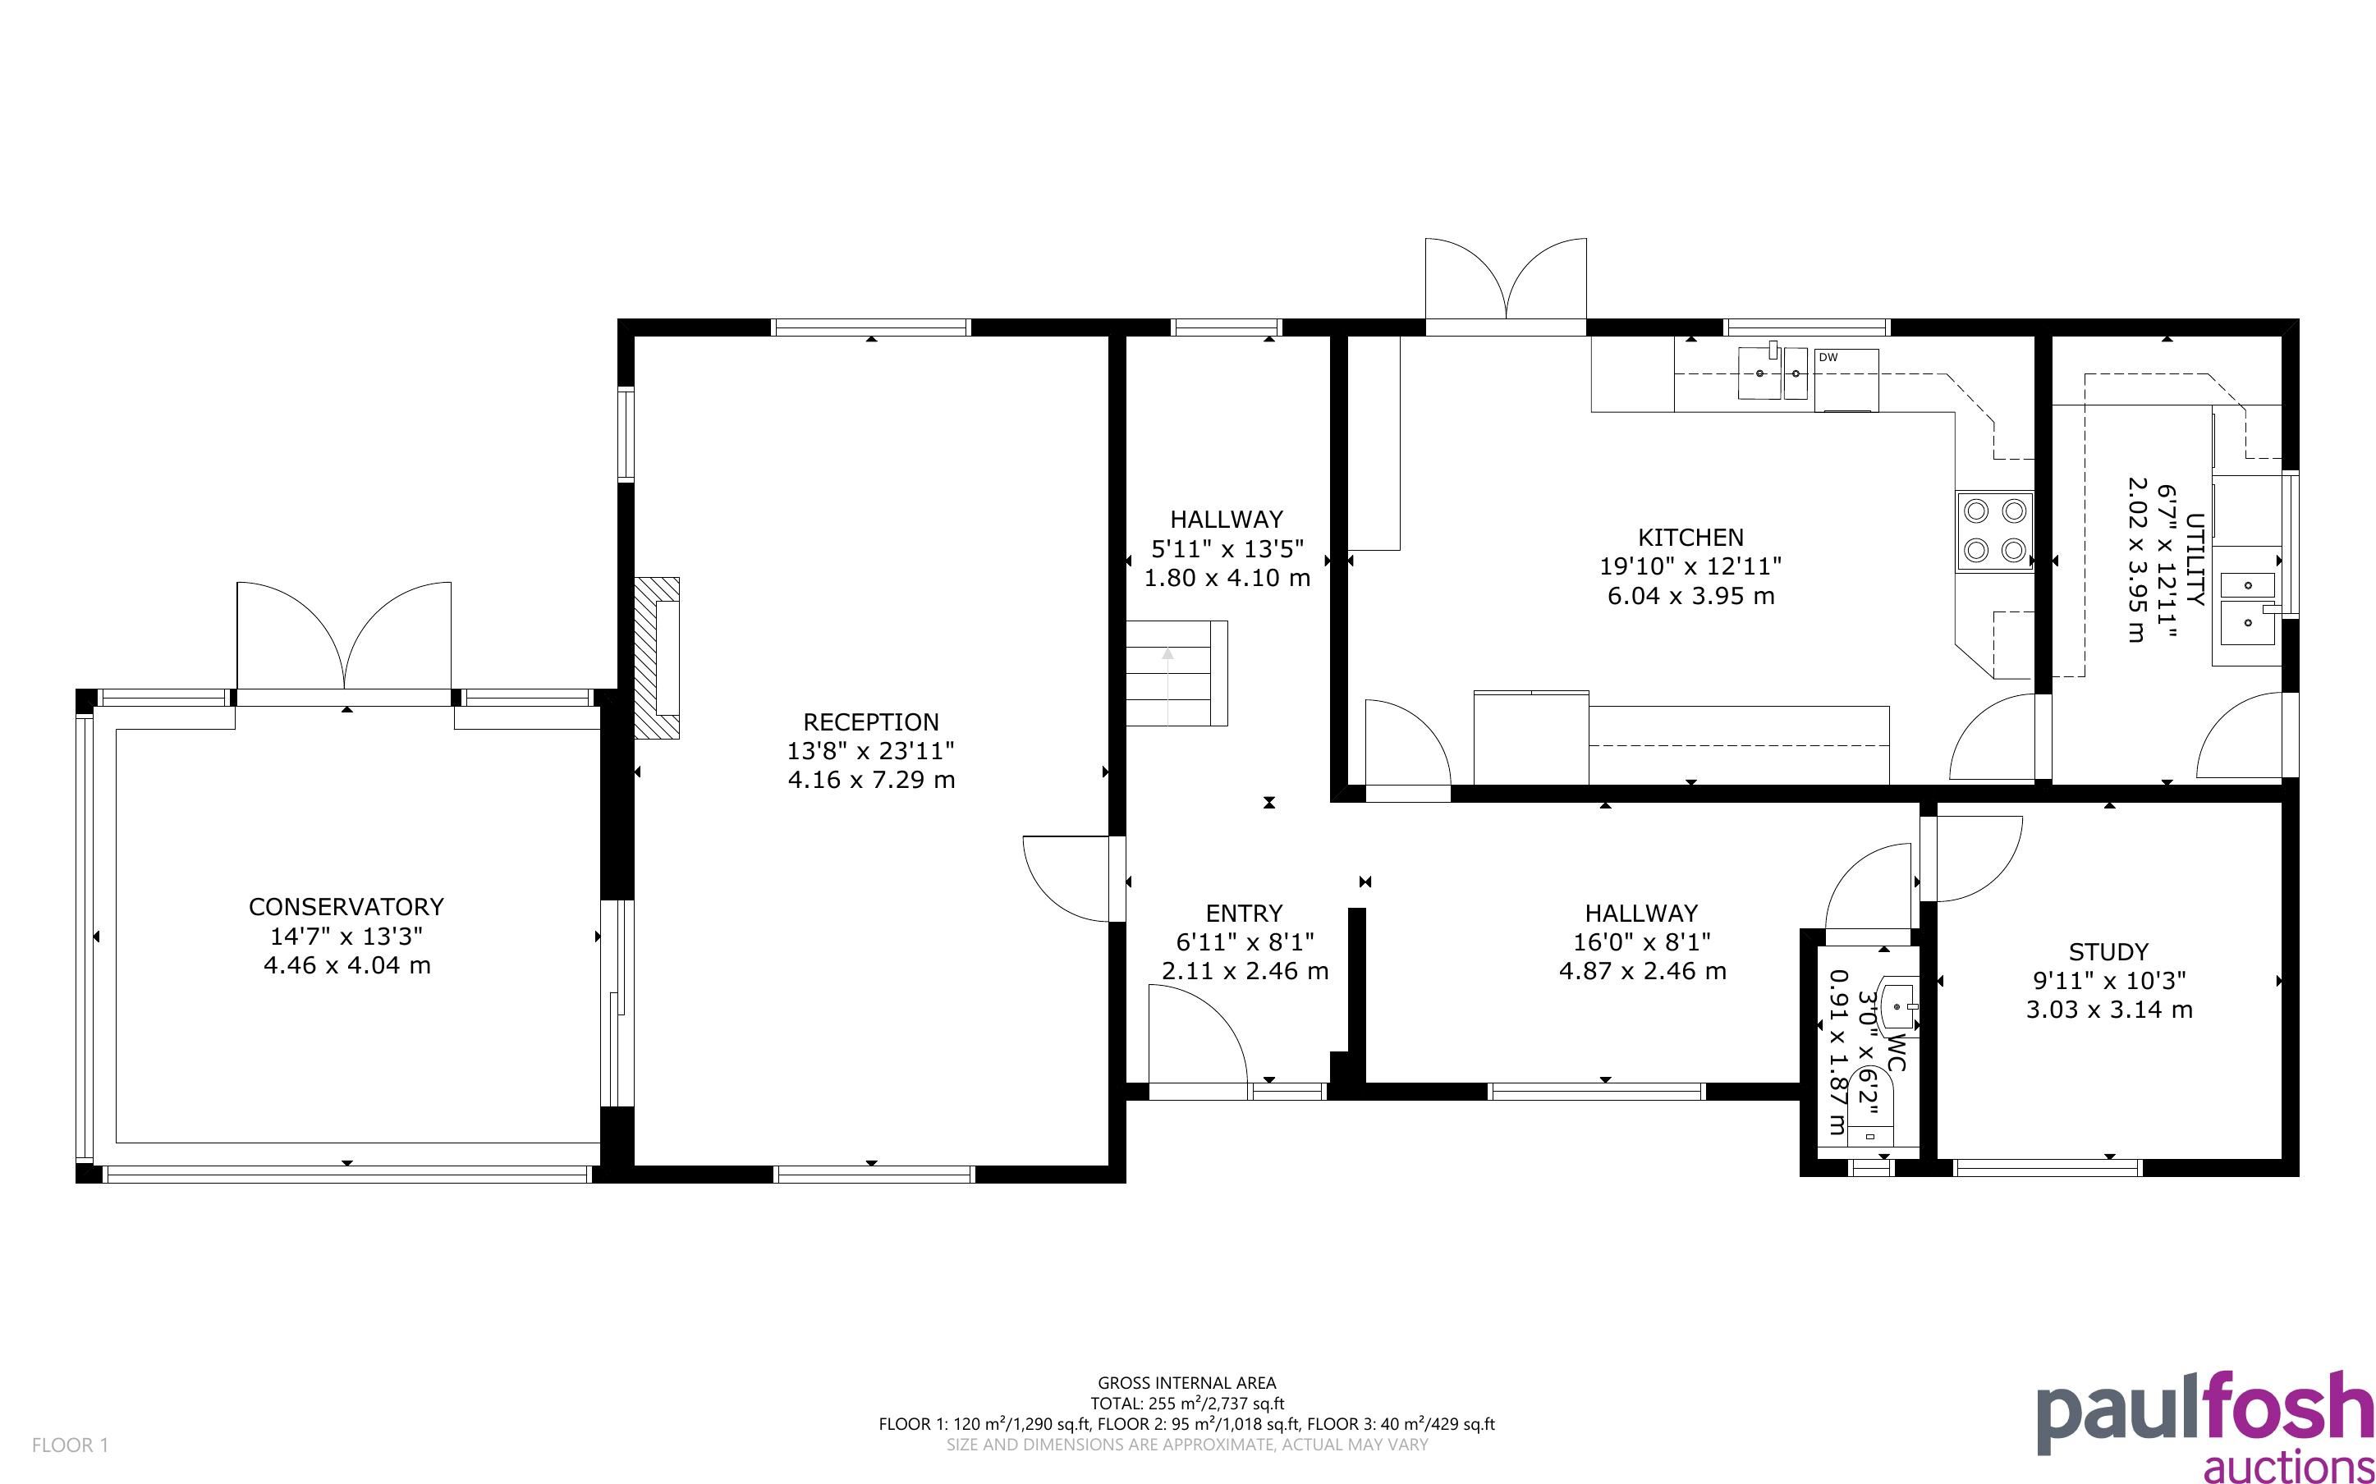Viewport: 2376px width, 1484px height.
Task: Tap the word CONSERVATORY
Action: tap(346, 906)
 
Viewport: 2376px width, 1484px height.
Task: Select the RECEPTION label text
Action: tap(870, 722)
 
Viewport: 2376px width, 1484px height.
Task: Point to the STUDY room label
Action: tap(2108, 952)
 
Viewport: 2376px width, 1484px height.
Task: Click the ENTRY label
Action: tap(1244, 914)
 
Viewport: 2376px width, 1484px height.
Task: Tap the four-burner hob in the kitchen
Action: tap(1994, 531)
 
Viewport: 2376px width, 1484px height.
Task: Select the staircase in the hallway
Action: tap(1176, 673)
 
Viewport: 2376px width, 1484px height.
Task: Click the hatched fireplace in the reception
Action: tap(657, 657)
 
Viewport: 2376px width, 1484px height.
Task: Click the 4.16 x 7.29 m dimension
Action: tap(870, 781)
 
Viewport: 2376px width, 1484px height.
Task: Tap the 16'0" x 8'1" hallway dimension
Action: tap(1642, 942)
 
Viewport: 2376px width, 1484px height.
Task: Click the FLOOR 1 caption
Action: tap(71, 1445)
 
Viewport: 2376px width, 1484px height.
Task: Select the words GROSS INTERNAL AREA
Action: tap(1186, 1383)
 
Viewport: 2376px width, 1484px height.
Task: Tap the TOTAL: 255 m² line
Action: tap(1186, 1404)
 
